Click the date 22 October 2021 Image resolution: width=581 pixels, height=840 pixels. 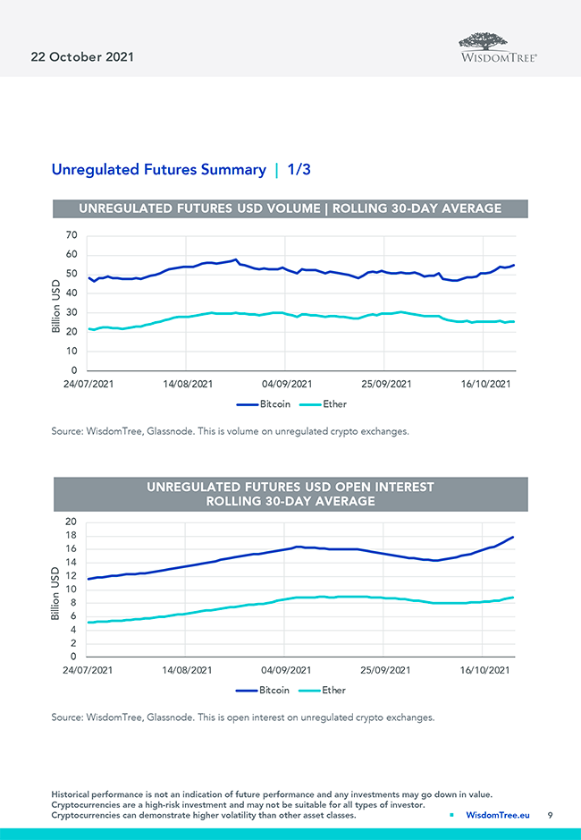[x=77, y=56]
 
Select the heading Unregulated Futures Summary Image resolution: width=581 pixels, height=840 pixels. [x=158, y=169]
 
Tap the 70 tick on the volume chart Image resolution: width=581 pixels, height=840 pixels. [x=71, y=235]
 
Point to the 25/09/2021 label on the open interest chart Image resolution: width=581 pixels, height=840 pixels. [x=385, y=670]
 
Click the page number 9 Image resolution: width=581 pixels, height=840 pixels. [x=551, y=815]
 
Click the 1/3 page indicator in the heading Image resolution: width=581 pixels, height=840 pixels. [x=299, y=169]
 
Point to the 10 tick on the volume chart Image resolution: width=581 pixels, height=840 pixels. [x=71, y=352]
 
